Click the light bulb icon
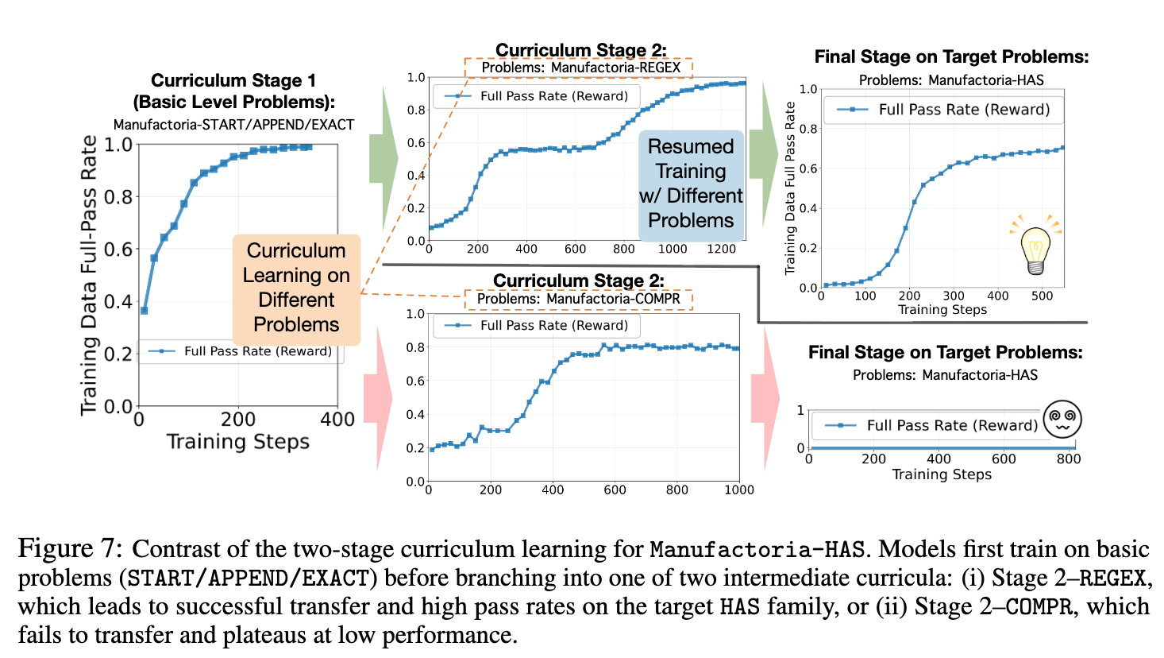tap(1035, 246)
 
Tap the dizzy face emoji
tap(1062, 419)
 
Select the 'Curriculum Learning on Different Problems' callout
tap(296, 288)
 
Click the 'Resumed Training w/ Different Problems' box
tap(691, 184)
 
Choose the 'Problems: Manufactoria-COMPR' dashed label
tap(578, 299)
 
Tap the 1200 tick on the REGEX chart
tap(721, 249)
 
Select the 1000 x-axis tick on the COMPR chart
tap(738, 490)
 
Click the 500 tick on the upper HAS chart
tap(1042, 296)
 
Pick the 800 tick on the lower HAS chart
tap(1068, 459)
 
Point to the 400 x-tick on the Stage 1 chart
tap(337, 420)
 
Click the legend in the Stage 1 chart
tap(241, 351)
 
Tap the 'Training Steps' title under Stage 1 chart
tap(237, 442)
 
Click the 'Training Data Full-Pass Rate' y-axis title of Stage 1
tap(89, 275)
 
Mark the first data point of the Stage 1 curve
tap(144, 310)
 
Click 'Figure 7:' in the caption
tap(70, 549)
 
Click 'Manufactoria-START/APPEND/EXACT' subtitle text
tap(233, 125)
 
